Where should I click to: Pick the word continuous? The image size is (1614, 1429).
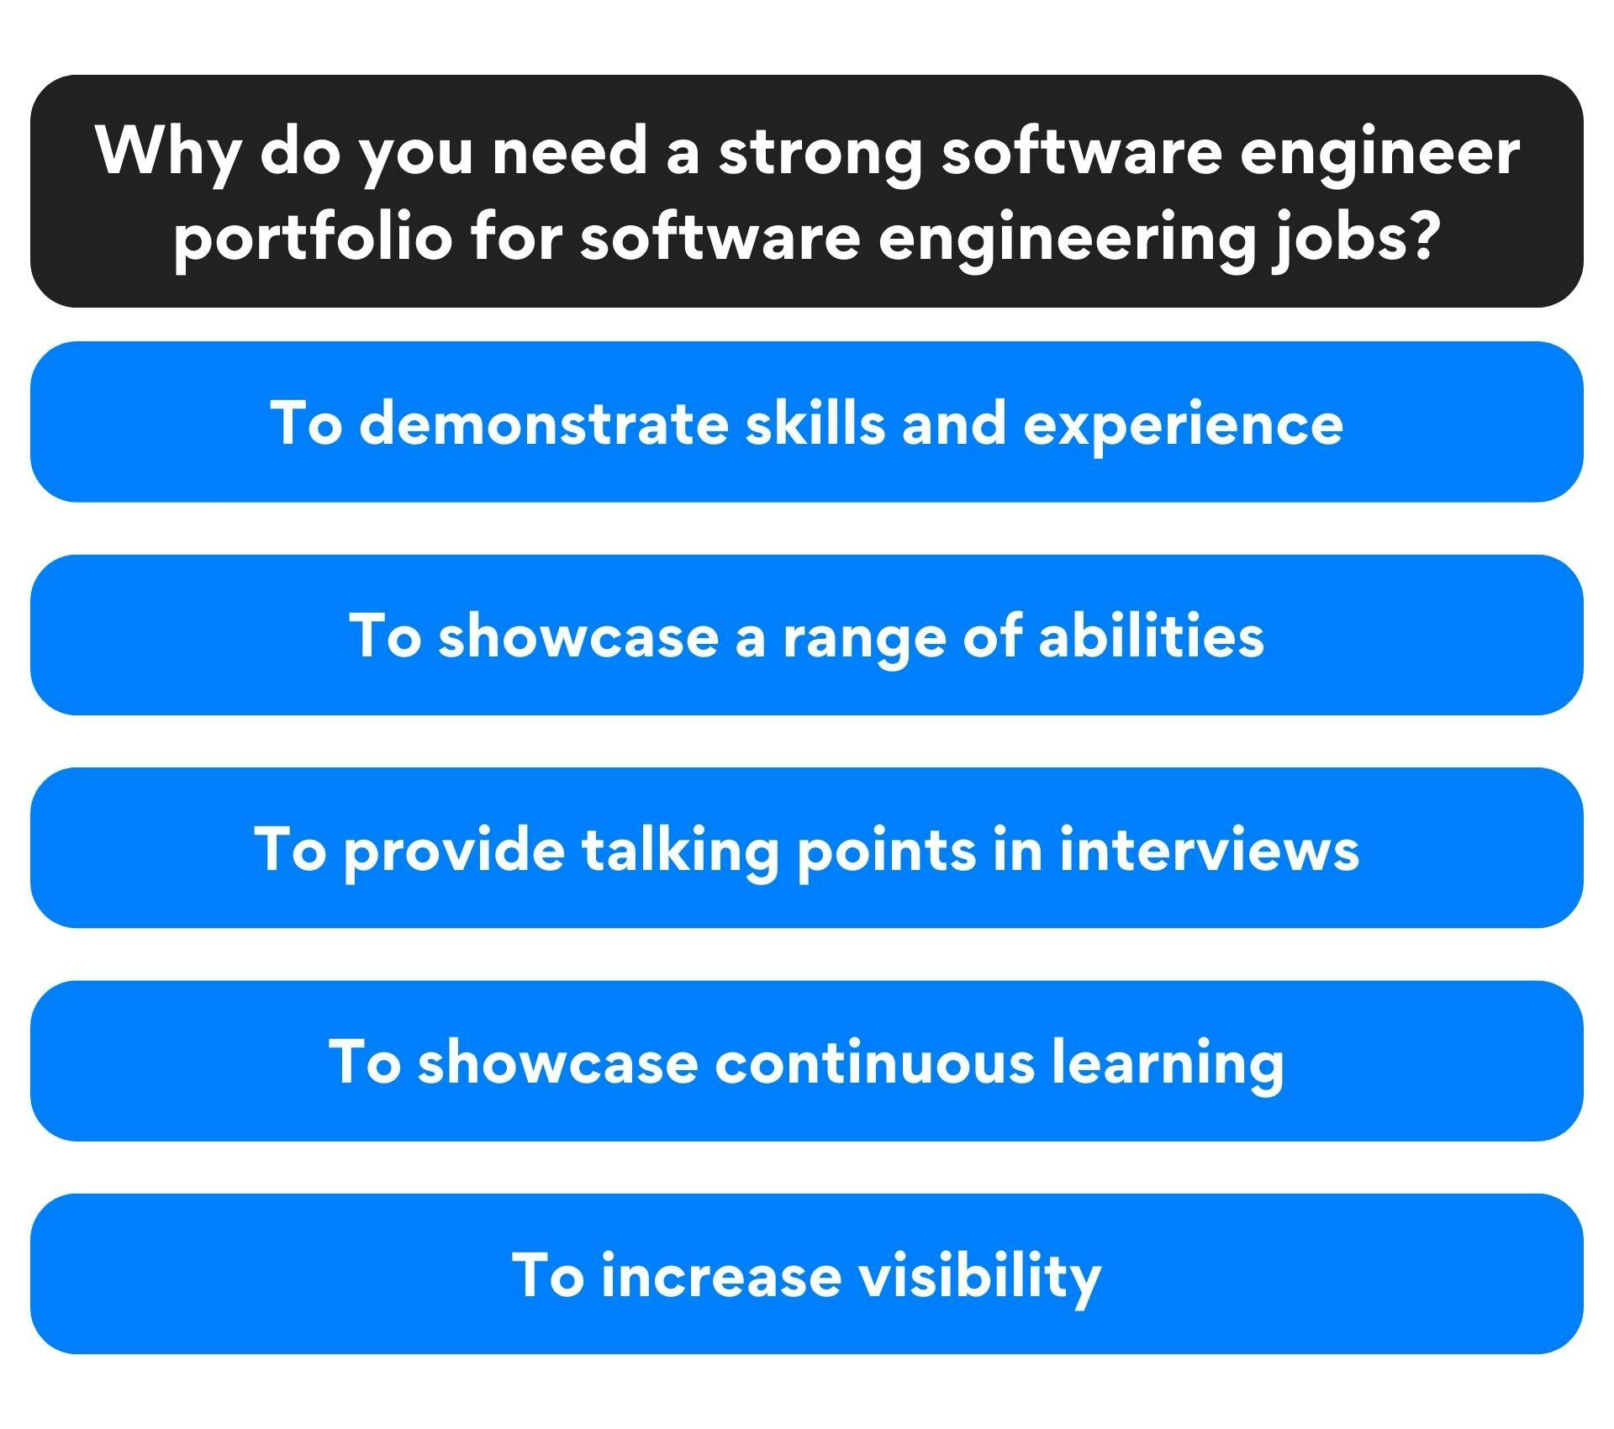point(874,1061)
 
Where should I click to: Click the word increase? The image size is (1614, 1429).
point(721,1274)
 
